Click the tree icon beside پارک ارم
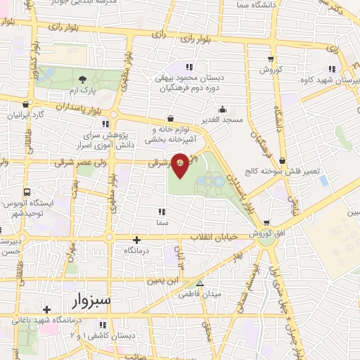[83, 79]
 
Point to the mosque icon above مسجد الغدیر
[222, 109]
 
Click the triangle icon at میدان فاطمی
[200, 284]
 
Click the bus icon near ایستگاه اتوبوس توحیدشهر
[27, 192]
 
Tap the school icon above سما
[162, 212]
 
